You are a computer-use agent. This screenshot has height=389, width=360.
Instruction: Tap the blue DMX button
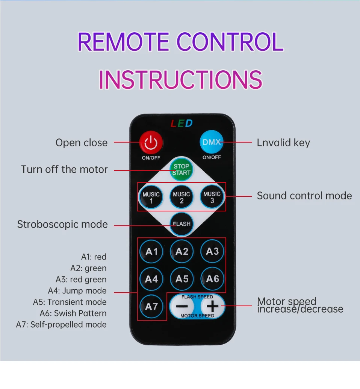coord(211,142)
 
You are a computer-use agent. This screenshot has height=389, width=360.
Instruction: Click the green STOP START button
coord(182,169)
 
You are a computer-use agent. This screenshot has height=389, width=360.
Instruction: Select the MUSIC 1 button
coord(151,197)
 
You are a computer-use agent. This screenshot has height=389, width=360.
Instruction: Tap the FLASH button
coord(182,224)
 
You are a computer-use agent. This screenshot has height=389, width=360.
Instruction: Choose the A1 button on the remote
coord(151,251)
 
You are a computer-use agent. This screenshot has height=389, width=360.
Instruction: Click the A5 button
coord(182,279)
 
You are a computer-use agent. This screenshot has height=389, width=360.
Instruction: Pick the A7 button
coord(151,307)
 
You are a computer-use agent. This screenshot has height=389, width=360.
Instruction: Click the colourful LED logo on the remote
coord(182,123)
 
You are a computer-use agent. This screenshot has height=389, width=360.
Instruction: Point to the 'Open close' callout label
coord(82,143)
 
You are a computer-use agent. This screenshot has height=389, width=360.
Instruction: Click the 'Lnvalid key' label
coord(283,143)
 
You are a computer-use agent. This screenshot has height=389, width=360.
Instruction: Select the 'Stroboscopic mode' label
coord(62,224)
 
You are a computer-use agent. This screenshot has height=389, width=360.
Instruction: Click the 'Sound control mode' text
coord(304,196)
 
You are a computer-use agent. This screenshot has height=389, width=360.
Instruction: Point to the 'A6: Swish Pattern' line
coord(73,313)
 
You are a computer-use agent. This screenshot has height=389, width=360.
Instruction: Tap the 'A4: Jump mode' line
coord(77,290)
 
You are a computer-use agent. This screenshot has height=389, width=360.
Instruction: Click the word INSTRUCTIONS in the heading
coord(180,79)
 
